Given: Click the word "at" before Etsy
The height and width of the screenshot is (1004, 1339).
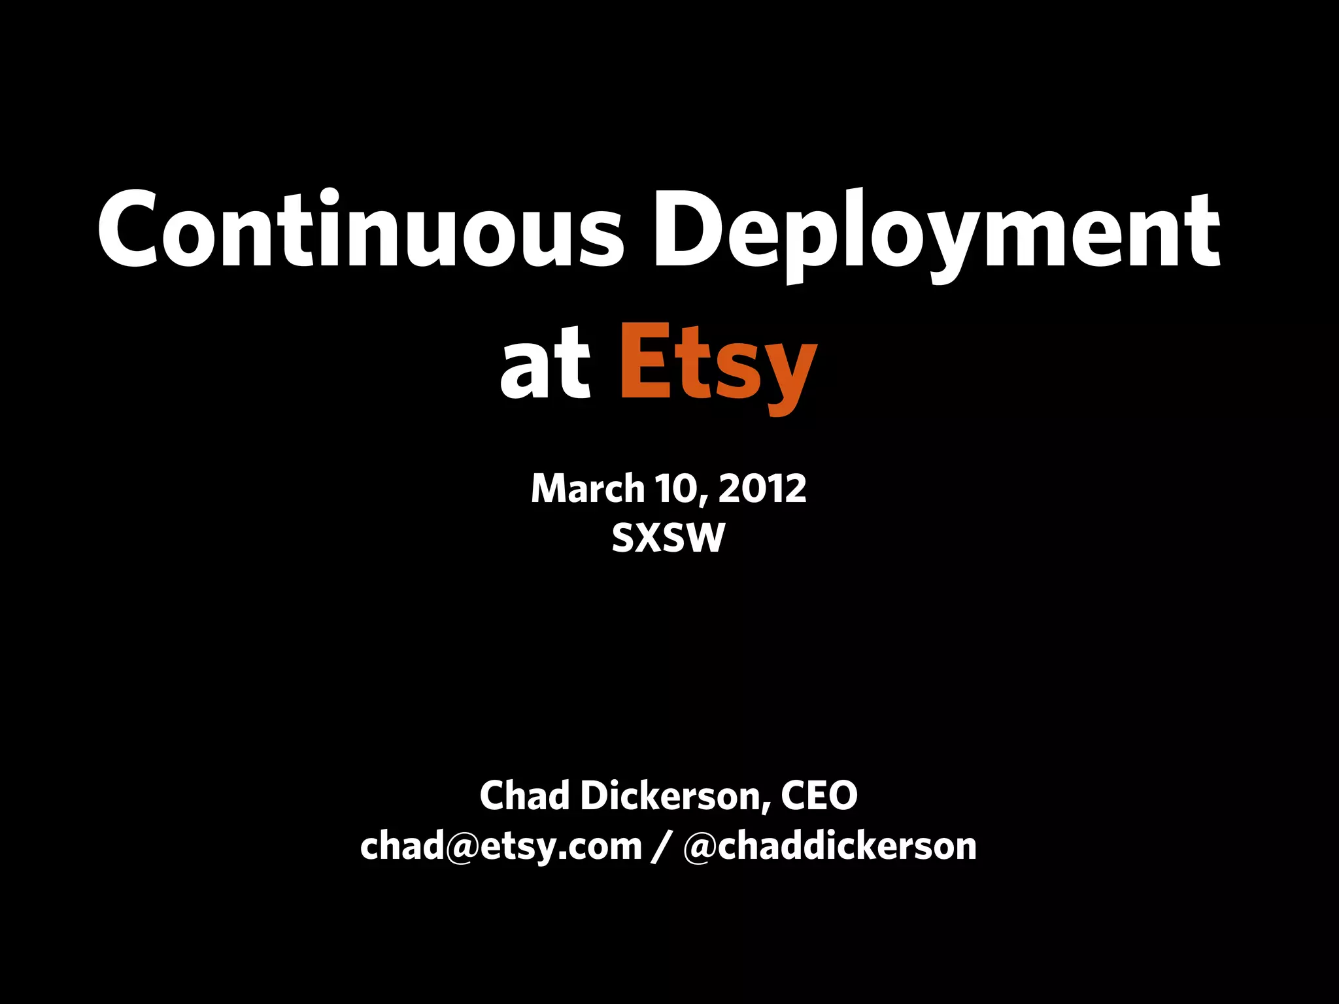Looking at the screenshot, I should [545, 366].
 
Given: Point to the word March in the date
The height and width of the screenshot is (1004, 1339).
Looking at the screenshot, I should [587, 488].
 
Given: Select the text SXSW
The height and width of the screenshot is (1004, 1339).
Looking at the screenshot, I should [668, 538].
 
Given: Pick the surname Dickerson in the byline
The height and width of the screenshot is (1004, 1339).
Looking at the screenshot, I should [669, 795].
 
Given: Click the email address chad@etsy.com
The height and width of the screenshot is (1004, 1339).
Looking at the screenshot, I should [501, 846].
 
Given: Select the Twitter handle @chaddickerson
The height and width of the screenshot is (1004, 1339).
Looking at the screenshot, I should [829, 846].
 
